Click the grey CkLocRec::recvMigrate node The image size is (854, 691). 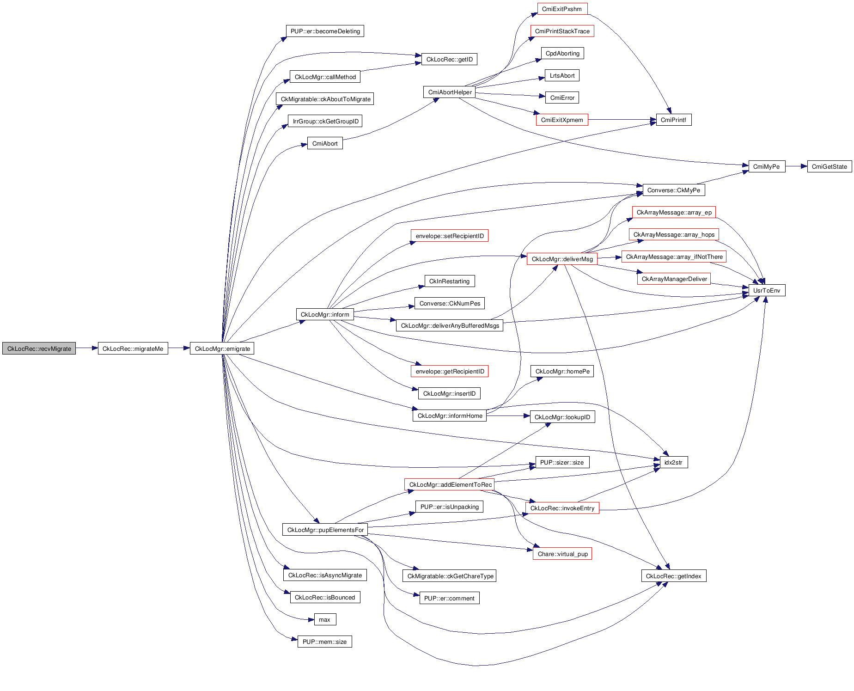tap(39, 349)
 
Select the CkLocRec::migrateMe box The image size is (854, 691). tap(133, 349)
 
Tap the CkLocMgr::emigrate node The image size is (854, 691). tap(222, 349)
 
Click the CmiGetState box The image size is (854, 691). tap(829, 166)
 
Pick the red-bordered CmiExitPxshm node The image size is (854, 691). tap(562, 9)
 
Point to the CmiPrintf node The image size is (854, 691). tap(673, 120)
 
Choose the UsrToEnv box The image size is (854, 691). tap(766, 290)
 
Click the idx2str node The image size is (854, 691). tap(673, 462)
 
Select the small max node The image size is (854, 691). tap(324, 619)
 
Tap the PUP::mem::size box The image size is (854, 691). tap(324, 642)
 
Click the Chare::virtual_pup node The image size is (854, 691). tap(562, 554)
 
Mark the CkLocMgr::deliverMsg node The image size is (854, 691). tap(562, 259)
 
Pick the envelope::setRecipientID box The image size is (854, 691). tap(449, 236)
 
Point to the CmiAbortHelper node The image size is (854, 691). tap(450, 92)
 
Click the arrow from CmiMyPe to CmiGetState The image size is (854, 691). tap(796, 166)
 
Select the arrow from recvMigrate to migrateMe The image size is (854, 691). tap(86, 348)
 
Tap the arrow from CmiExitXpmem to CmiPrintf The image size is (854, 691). tap(622, 120)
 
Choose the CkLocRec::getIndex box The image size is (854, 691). tap(673, 576)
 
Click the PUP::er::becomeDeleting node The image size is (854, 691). tap(325, 31)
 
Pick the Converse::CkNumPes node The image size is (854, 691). tap(449, 303)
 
